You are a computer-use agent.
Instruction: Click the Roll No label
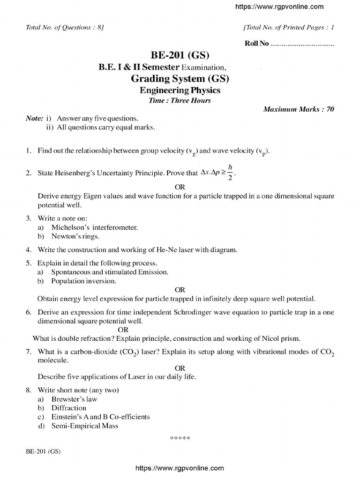(257, 44)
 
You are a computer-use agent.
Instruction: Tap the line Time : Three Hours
(180, 100)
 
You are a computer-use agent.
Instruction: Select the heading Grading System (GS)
(180, 78)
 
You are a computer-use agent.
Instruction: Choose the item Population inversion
(83, 281)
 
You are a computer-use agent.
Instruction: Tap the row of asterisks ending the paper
(180, 438)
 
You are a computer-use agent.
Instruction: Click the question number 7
(29, 352)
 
